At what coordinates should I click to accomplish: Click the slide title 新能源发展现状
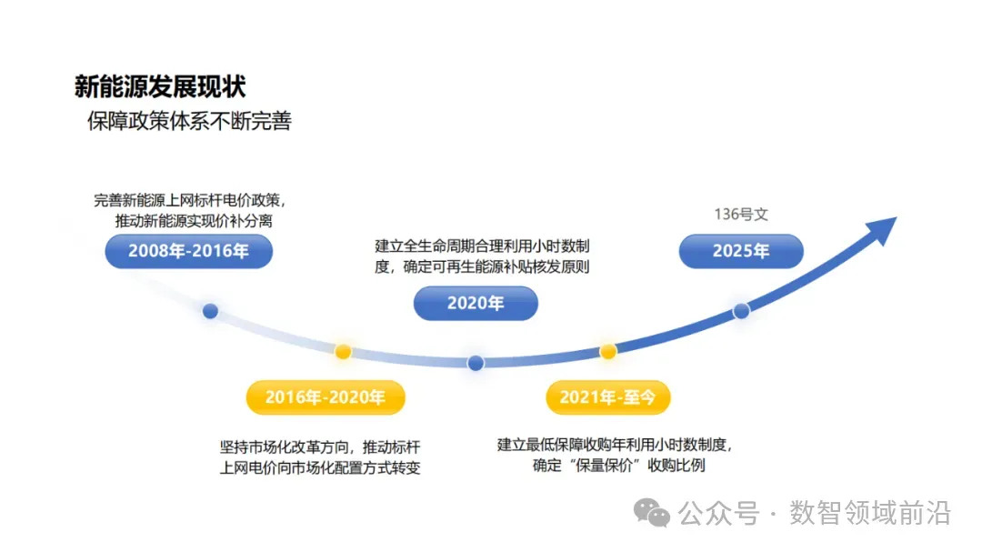(x=160, y=87)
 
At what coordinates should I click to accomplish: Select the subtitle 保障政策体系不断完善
(x=189, y=121)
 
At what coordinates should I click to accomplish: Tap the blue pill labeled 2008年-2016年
(x=189, y=252)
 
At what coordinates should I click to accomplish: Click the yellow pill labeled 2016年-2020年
(x=326, y=397)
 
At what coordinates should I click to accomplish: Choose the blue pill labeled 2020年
(x=476, y=304)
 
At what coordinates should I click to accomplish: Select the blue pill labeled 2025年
(x=741, y=252)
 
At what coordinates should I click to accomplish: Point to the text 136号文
(x=741, y=215)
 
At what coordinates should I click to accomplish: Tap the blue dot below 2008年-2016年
(x=210, y=311)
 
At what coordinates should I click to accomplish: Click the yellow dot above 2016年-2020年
(x=343, y=351)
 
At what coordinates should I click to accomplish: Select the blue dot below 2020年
(x=476, y=363)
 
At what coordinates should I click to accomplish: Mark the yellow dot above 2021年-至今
(x=608, y=351)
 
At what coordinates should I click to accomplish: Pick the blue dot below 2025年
(x=741, y=310)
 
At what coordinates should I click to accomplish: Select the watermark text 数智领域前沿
(x=869, y=513)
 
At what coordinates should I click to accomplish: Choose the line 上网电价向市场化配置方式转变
(x=320, y=468)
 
